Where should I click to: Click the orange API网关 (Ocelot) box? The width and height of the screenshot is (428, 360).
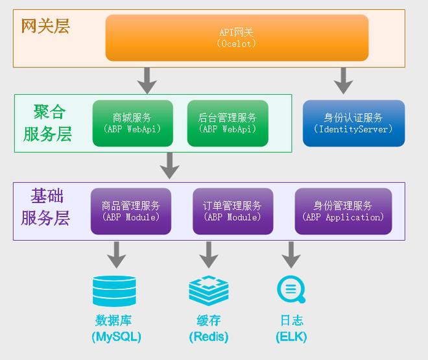[x=237, y=38]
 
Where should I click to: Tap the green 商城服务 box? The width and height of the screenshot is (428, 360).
[x=132, y=123]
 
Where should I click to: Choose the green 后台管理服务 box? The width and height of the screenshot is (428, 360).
[x=227, y=123]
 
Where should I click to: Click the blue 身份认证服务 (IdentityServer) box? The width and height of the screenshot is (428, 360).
[x=353, y=123]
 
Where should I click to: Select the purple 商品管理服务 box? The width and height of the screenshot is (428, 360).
[x=131, y=211]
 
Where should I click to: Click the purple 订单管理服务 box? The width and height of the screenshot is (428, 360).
[x=232, y=211]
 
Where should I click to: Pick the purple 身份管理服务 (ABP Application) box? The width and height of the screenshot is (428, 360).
[x=343, y=211]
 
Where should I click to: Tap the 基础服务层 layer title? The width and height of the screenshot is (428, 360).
[x=46, y=207]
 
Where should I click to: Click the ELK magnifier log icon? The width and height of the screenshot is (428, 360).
[x=291, y=289]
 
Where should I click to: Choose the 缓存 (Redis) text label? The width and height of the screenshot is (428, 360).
[x=209, y=328]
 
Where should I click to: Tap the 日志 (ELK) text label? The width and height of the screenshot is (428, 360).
[x=291, y=328]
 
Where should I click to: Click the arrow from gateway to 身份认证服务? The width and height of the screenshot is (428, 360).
[x=343, y=80]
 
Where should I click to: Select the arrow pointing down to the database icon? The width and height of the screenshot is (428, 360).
[x=116, y=254]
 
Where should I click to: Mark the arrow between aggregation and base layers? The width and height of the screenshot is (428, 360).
[x=170, y=166]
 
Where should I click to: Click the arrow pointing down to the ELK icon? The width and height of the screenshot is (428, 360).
[x=291, y=254]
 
